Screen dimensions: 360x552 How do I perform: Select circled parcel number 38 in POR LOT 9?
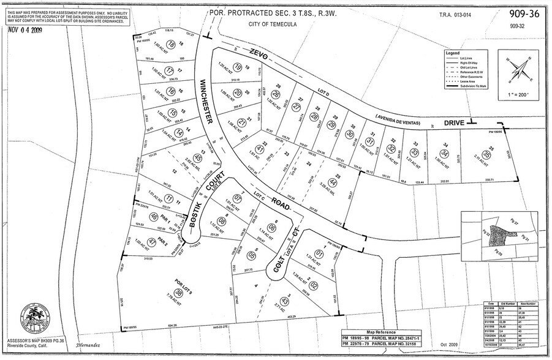click(178, 294)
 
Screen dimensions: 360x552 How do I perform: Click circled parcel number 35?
click(486, 155)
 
